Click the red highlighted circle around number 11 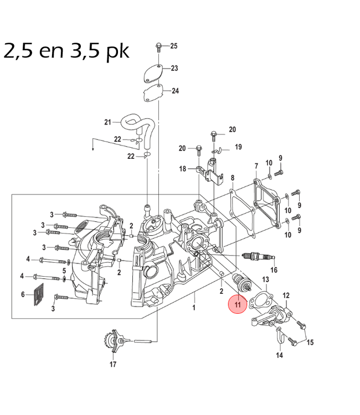tap(238, 304)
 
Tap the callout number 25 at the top tap(173, 45)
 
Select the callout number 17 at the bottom tap(113, 364)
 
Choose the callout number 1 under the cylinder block tap(194, 307)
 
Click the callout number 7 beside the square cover tap(256, 167)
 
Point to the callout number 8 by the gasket tap(233, 178)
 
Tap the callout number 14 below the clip tap(279, 355)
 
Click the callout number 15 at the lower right tap(310, 342)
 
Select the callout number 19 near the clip tap(238, 147)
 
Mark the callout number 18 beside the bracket tap(182, 169)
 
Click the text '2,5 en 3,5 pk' tap(66, 51)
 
